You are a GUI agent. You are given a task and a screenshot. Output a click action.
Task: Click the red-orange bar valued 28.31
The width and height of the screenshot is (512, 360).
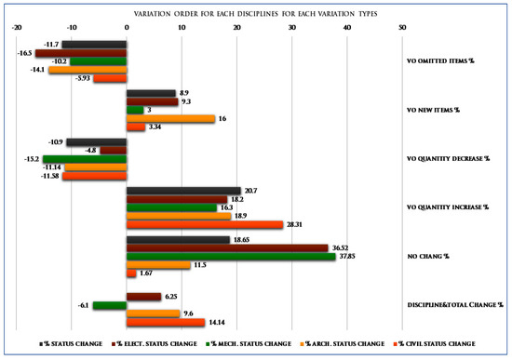pos(204,224)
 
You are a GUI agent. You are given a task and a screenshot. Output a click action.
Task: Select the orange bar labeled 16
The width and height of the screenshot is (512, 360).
pos(170,118)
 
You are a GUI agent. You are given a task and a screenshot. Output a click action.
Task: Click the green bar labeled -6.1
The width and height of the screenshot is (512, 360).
pos(110,304)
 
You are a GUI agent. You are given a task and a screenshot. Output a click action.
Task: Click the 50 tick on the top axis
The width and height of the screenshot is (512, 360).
pos(402,27)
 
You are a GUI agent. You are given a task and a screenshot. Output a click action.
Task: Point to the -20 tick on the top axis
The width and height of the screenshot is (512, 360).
pos(16,27)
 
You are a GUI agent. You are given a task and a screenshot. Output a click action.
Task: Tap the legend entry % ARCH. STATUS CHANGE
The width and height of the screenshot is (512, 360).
pos(343,343)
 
